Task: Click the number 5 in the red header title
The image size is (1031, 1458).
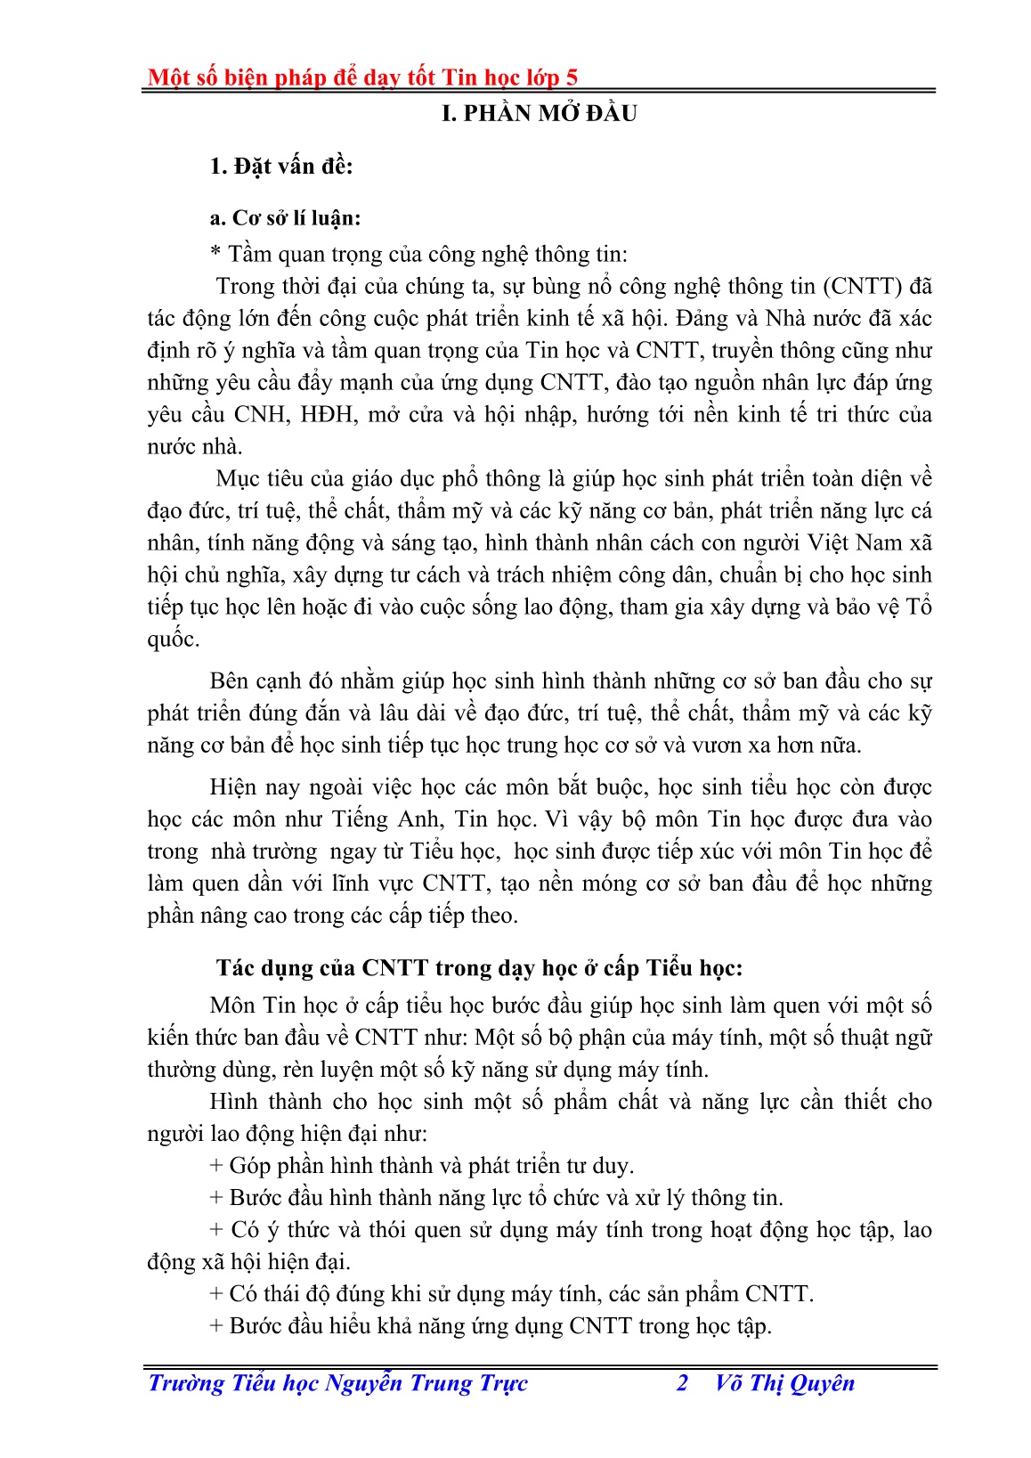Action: click(571, 78)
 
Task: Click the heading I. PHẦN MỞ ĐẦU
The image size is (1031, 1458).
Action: click(540, 114)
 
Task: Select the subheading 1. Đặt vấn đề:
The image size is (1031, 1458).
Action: click(281, 167)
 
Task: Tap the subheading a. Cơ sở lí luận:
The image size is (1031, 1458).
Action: click(285, 219)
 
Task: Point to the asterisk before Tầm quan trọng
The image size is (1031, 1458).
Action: click(215, 255)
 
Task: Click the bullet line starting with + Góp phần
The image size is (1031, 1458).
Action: click(422, 1166)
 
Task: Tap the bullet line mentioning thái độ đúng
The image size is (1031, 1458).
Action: click(511, 1294)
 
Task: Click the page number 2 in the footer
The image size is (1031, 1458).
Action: click(683, 1383)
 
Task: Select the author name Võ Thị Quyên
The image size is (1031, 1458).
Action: click(784, 1383)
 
